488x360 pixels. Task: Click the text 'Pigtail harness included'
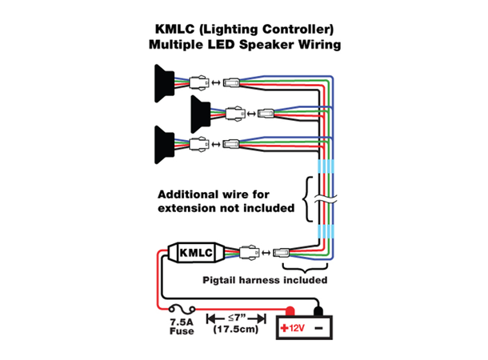click(262, 281)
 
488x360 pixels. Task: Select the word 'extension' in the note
click(192, 209)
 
